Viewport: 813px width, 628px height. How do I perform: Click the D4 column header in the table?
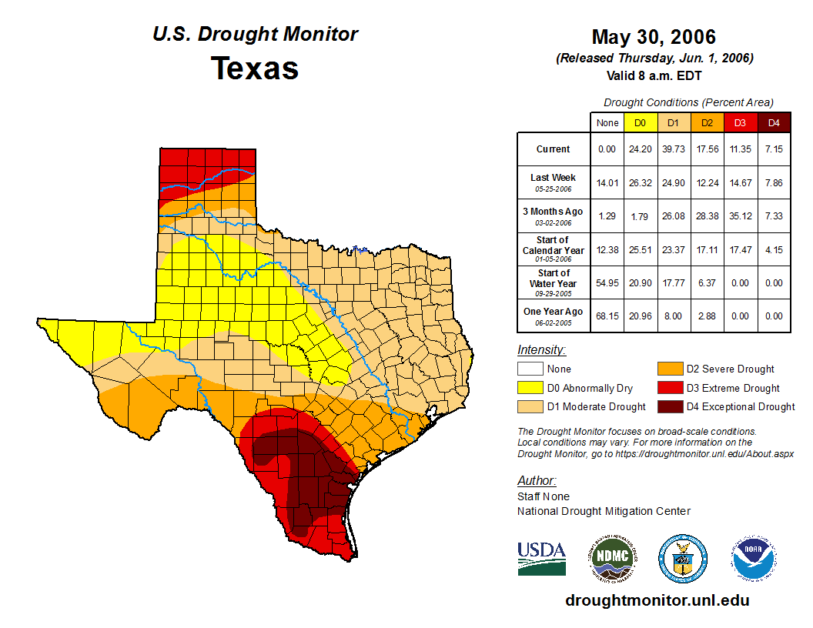tap(774, 122)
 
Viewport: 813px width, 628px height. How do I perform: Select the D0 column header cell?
tap(640, 122)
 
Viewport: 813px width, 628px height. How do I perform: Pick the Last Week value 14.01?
tap(607, 182)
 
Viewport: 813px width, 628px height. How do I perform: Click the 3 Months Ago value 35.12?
tap(740, 216)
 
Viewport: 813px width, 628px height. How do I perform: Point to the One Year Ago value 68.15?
tap(607, 316)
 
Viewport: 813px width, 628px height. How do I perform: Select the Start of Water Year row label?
tap(554, 282)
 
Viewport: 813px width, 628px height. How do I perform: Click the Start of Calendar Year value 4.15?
tap(774, 249)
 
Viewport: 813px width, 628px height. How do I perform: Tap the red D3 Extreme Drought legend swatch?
tap(669, 389)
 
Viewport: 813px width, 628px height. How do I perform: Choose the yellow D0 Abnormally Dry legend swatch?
tap(529, 389)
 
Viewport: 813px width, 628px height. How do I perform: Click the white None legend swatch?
tap(529, 369)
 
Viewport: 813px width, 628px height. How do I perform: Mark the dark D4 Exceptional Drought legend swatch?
tap(669, 407)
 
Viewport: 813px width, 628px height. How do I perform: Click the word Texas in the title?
tap(255, 68)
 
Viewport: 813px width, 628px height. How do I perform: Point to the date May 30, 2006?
tap(654, 37)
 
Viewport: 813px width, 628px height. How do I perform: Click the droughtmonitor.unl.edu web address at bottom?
tap(657, 600)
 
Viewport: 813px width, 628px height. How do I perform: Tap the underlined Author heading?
tap(536, 481)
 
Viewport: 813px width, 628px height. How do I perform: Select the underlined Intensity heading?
tap(541, 350)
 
